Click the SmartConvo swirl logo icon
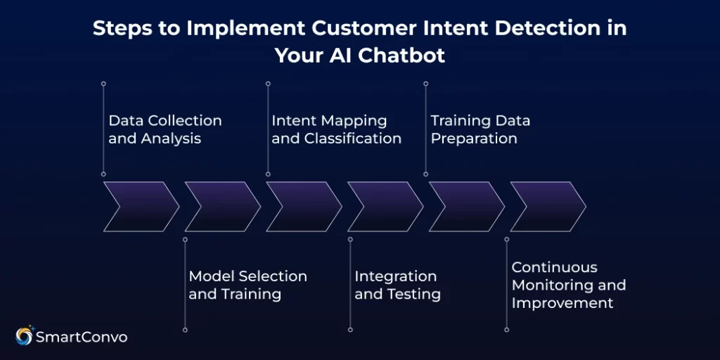pos(24,337)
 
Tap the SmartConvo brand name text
pos(82,337)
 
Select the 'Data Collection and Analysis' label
pos(165,129)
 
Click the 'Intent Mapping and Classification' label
pos(336,129)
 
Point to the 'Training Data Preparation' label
pos(480,129)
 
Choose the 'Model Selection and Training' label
pos(247,285)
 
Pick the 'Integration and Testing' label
pos(397,285)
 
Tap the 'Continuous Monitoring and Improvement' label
pos(568,285)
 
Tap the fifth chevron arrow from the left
pos(466,206)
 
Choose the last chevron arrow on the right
pos(548,206)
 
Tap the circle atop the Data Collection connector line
pos(103,83)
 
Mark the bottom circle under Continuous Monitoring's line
pos(507,329)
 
